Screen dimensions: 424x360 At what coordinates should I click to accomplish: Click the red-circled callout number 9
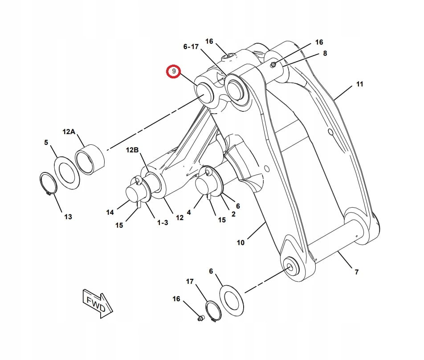(x=174, y=71)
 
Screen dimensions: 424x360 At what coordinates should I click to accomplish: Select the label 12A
(x=69, y=132)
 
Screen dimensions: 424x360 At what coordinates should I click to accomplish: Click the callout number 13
(x=68, y=217)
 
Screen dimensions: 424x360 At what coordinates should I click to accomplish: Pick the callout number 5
(x=46, y=142)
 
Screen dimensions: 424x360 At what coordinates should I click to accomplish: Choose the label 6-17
(x=191, y=47)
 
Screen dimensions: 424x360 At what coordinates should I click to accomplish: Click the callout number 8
(x=325, y=53)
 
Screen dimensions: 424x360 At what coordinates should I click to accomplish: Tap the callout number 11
(x=359, y=84)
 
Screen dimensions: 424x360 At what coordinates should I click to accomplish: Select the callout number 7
(x=357, y=272)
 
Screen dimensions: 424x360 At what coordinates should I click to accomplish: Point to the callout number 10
(x=241, y=243)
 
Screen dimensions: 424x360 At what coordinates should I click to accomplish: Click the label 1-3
(x=163, y=223)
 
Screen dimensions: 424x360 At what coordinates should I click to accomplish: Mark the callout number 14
(x=110, y=213)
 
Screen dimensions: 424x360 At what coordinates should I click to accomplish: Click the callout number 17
(x=190, y=282)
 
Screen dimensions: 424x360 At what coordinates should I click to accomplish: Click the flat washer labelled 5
(x=67, y=173)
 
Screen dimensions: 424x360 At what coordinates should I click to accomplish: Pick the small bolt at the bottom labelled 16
(x=200, y=319)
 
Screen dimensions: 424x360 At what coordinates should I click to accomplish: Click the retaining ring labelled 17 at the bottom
(x=214, y=311)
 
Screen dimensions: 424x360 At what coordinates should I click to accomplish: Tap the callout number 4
(x=189, y=213)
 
